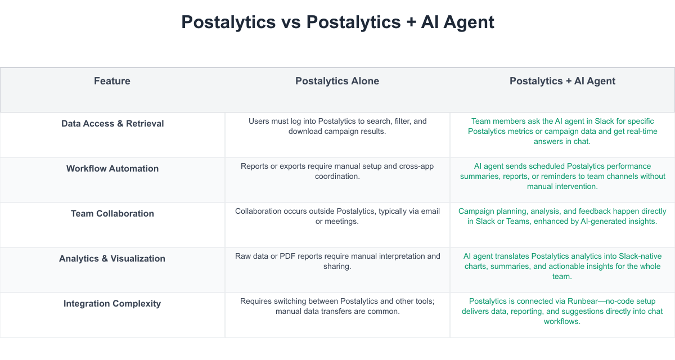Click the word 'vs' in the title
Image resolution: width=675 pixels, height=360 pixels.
[291, 22]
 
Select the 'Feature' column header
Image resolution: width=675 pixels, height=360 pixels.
[112, 81]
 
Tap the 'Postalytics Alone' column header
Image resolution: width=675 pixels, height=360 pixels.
[337, 81]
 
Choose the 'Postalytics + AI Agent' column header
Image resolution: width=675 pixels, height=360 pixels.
[562, 81]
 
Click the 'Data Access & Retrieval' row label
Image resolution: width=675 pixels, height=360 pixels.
[112, 124]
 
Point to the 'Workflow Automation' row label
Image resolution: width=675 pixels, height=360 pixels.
[112, 168]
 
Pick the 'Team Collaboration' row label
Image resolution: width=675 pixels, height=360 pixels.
[112, 213]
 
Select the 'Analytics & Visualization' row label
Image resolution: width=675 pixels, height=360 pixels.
[112, 259]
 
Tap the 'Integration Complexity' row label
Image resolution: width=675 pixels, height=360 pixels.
[112, 303]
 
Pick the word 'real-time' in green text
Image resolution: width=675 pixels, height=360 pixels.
[642, 132]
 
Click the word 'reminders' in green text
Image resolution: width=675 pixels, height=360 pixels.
[571, 176]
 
